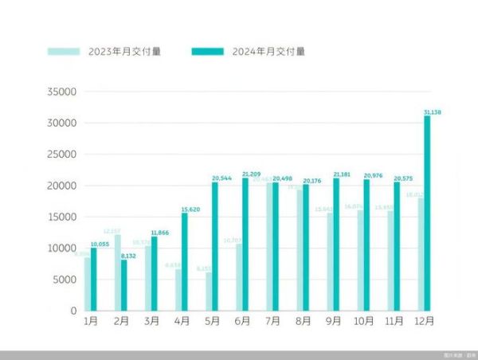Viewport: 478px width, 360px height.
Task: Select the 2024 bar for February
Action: click(124, 285)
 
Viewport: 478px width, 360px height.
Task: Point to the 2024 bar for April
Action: click(185, 262)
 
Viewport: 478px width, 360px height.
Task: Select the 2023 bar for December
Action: click(421, 254)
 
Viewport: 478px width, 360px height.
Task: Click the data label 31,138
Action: click(432, 112)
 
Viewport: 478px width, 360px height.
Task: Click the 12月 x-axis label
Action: click(425, 322)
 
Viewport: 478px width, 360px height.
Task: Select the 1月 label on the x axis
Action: click(91, 322)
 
